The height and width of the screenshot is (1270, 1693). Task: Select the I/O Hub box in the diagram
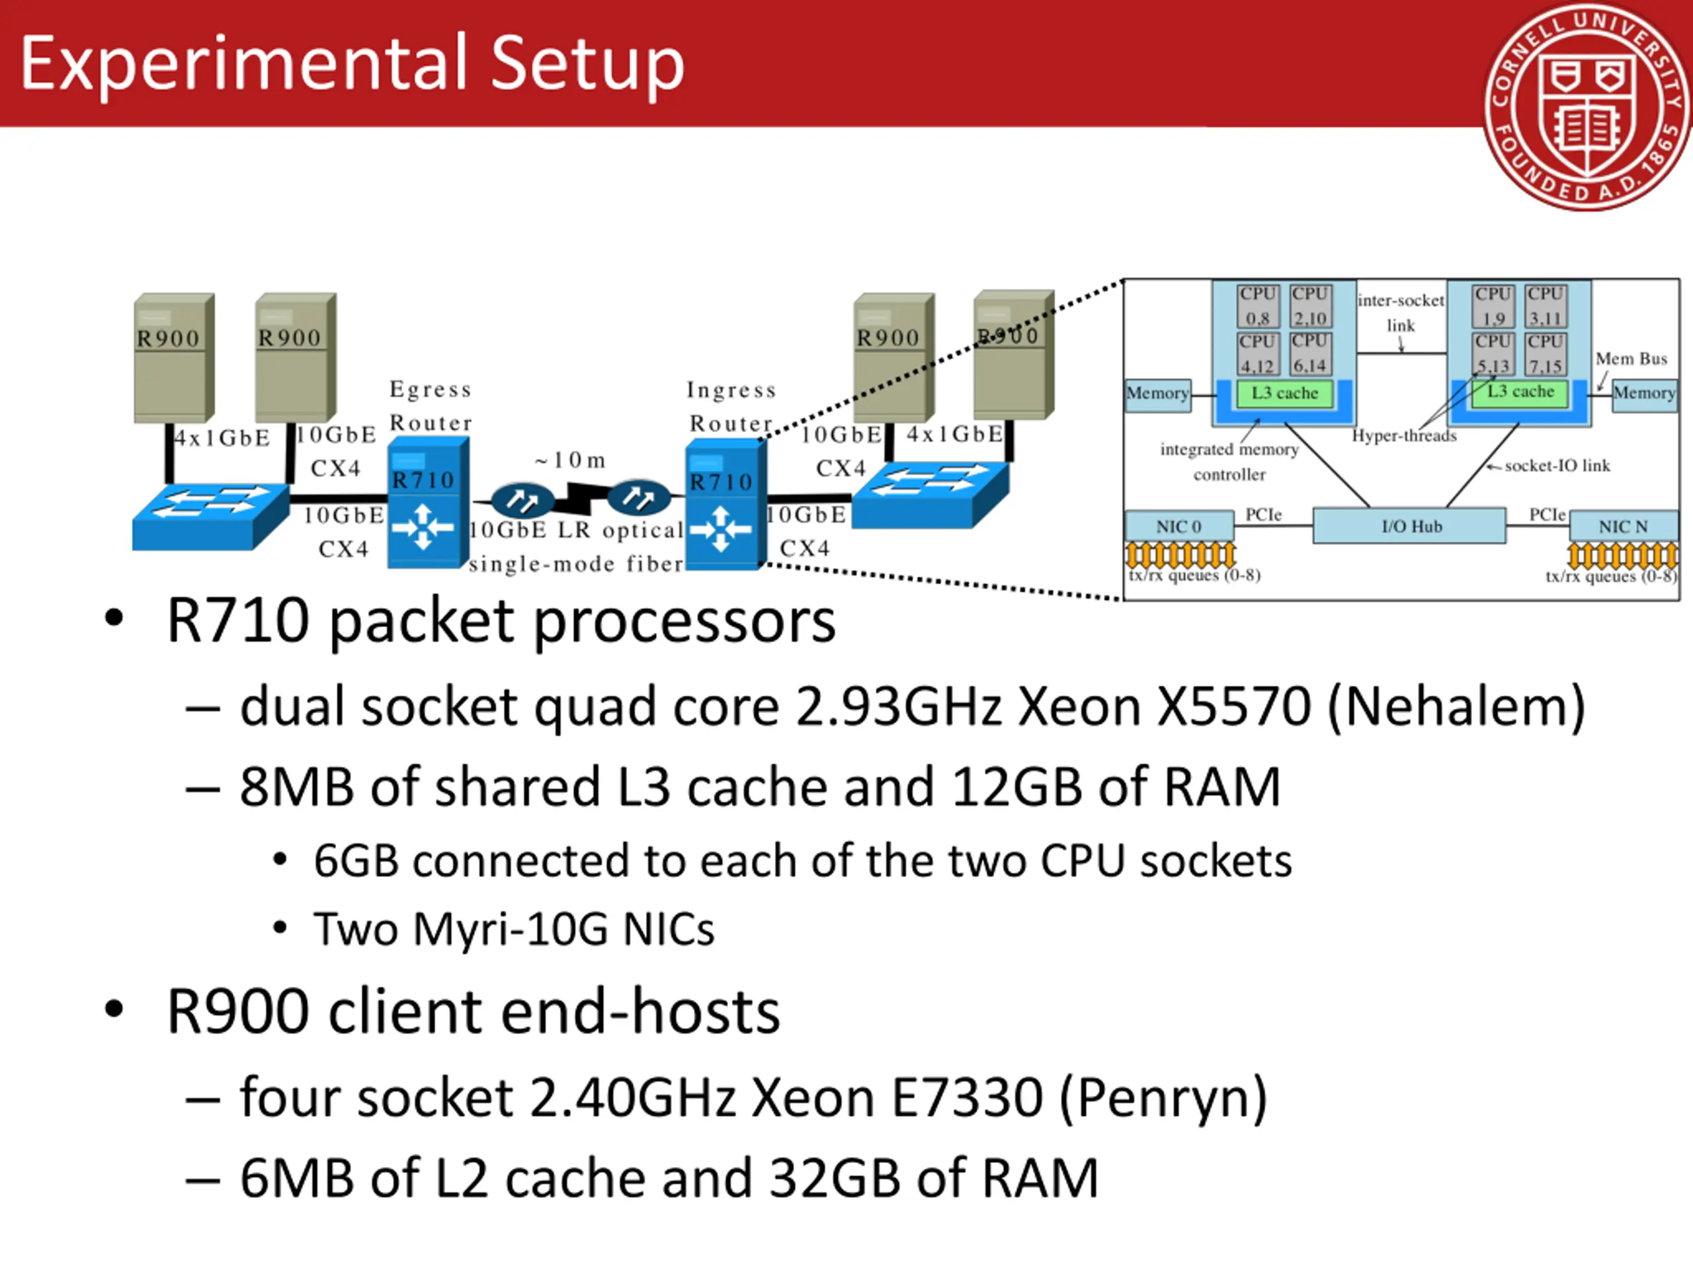(x=1410, y=526)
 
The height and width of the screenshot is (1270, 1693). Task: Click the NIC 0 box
(x=1178, y=527)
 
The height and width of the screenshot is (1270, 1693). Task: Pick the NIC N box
(x=1623, y=527)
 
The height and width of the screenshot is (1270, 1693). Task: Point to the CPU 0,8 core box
(x=1257, y=306)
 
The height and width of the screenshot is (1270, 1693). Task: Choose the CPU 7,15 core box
(x=1546, y=355)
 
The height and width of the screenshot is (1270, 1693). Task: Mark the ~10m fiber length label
(x=571, y=460)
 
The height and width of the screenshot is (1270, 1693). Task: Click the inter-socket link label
(x=1401, y=312)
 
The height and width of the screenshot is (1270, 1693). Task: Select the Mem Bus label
(x=1631, y=359)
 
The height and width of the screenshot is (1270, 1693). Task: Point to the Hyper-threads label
(x=1404, y=436)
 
